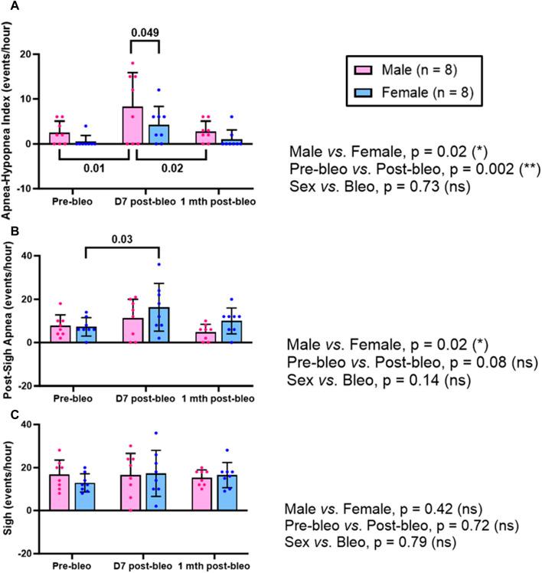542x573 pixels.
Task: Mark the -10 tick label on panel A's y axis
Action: tap(30, 188)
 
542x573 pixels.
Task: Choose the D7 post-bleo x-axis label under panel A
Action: tap(147, 201)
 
